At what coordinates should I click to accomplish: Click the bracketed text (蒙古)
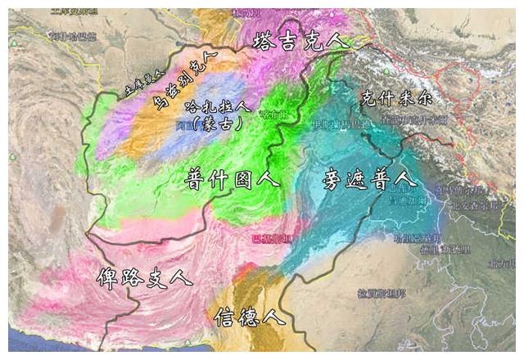[212, 124]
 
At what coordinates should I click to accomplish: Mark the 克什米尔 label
[396, 97]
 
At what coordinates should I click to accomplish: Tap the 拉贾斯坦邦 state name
[380, 293]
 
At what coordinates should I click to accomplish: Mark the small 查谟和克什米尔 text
[413, 119]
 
